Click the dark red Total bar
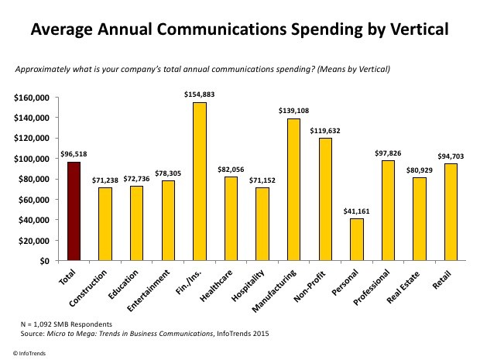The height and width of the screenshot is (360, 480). point(74,211)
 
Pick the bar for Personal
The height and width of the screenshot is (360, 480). point(357,239)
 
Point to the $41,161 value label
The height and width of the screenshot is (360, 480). point(357,211)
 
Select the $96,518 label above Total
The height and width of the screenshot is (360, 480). point(74,154)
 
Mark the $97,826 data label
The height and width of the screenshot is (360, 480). point(389,153)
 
